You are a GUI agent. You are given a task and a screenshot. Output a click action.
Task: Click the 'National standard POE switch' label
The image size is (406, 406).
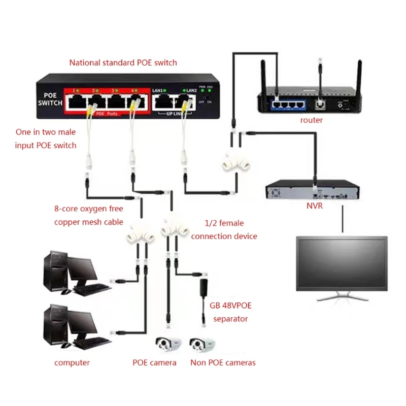pyautogui.click(x=123, y=63)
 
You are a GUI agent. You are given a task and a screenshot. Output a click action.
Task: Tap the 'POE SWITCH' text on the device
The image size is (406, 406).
pyautogui.click(x=49, y=99)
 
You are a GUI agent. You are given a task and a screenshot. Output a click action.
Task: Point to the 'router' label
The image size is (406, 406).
pyautogui.click(x=311, y=120)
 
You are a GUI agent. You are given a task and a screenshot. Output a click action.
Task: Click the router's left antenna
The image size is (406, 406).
pyautogui.click(x=264, y=76)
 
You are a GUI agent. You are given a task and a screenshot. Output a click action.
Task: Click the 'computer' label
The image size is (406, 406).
pyautogui.click(x=72, y=362)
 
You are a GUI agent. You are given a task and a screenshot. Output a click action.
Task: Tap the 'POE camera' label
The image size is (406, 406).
pyautogui.click(x=154, y=362)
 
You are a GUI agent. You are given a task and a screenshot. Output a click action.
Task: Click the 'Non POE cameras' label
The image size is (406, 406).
pyautogui.click(x=223, y=362)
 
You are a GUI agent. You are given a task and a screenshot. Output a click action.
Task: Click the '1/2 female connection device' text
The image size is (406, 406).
pyautogui.click(x=224, y=229)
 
